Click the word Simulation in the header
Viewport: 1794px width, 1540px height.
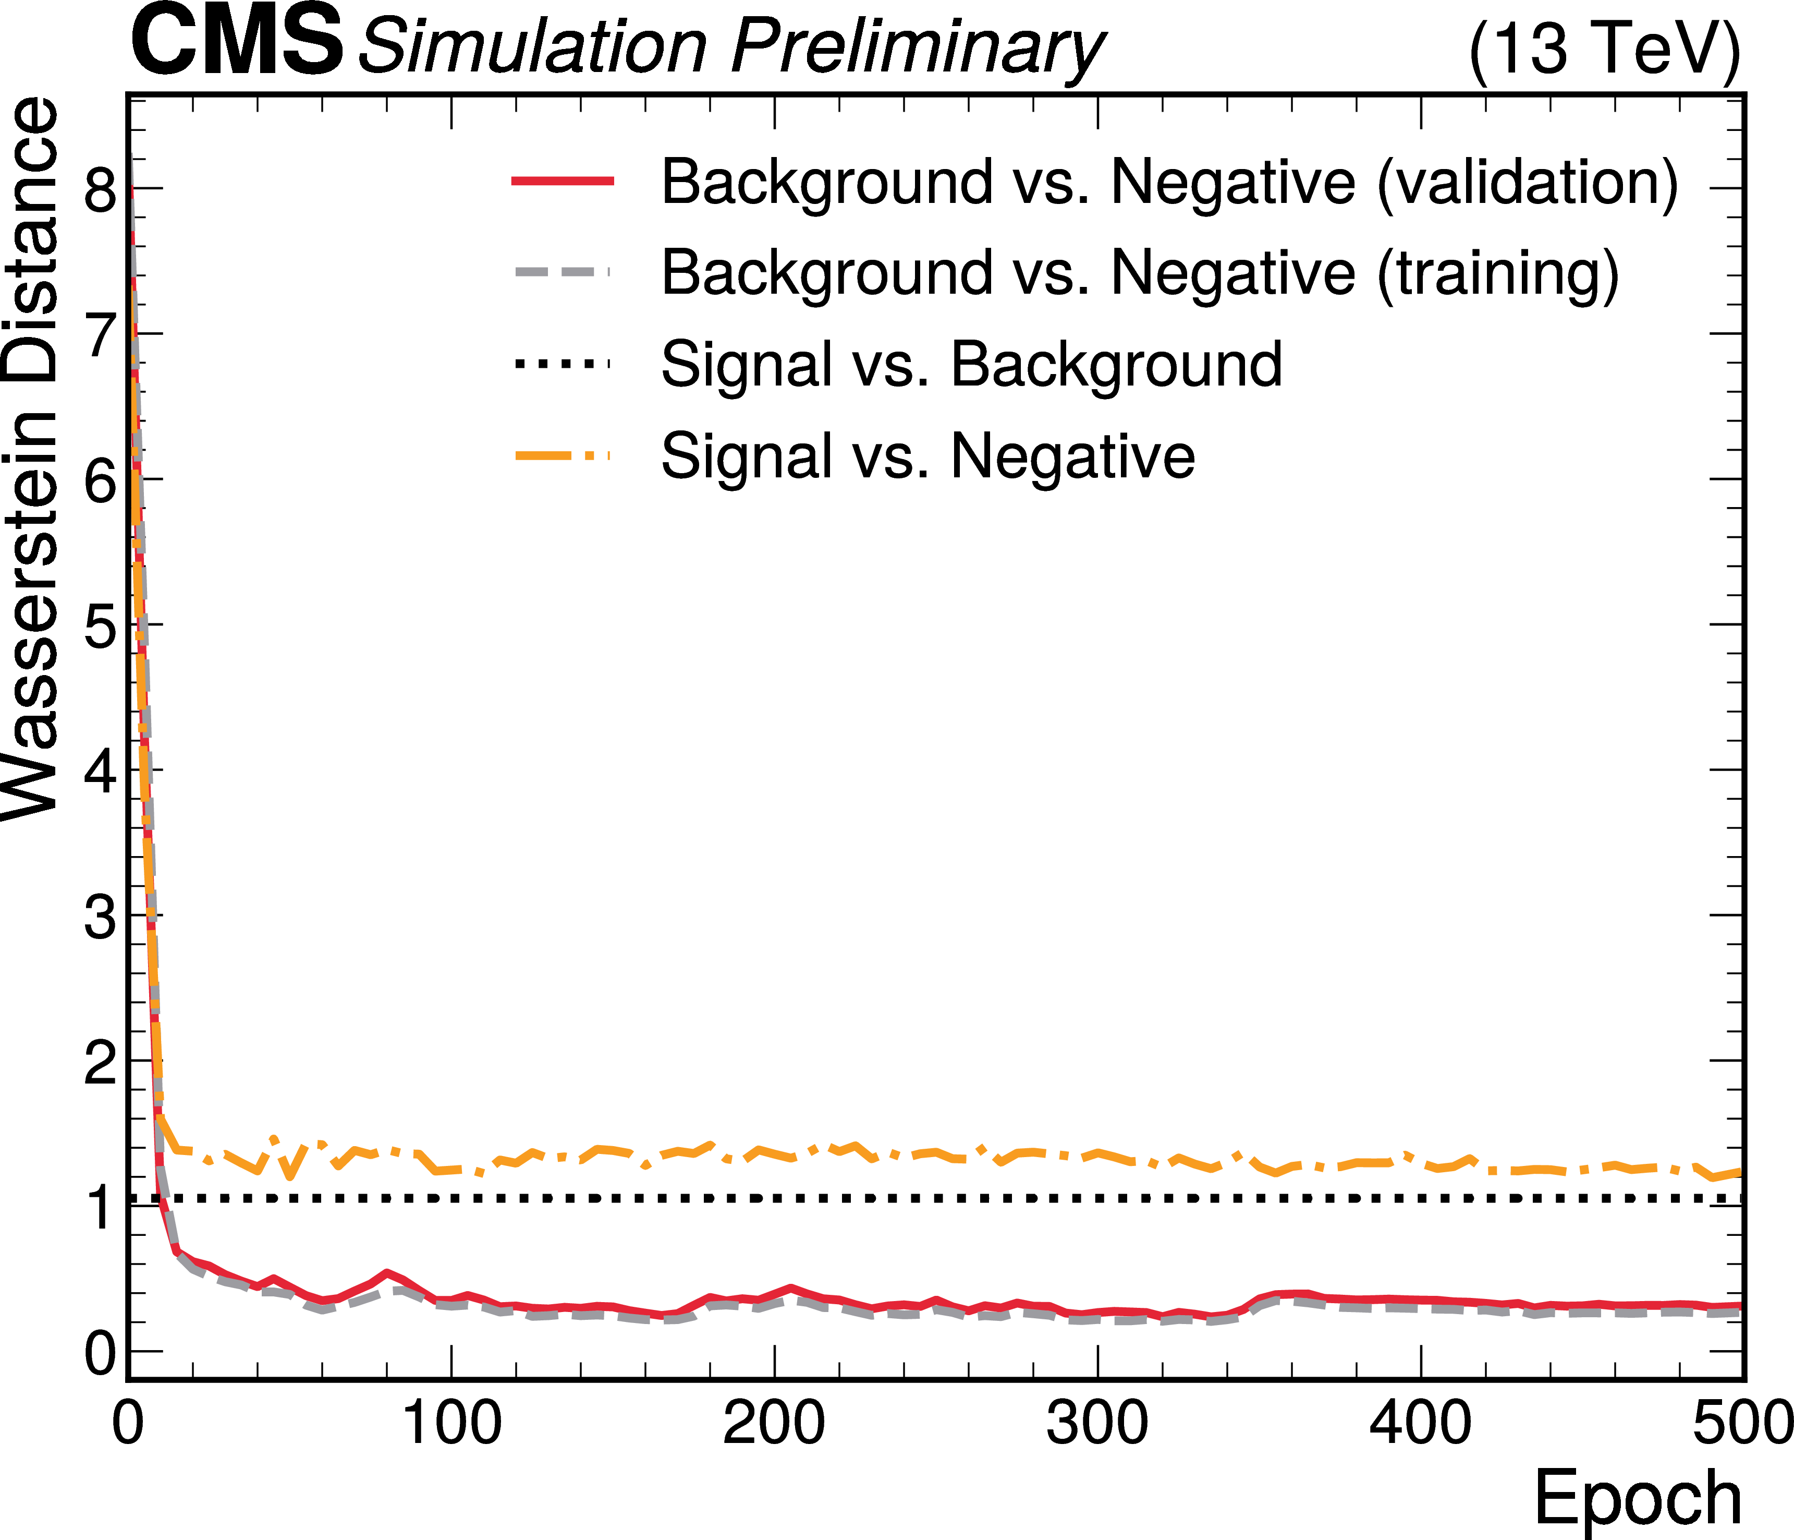pos(533,47)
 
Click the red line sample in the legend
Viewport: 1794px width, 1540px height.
pos(563,181)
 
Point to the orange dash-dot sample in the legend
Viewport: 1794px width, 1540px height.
pos(563,455)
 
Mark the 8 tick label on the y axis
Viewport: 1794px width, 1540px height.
pos(101,190)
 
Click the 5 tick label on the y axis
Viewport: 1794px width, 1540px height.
pos(101,625)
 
